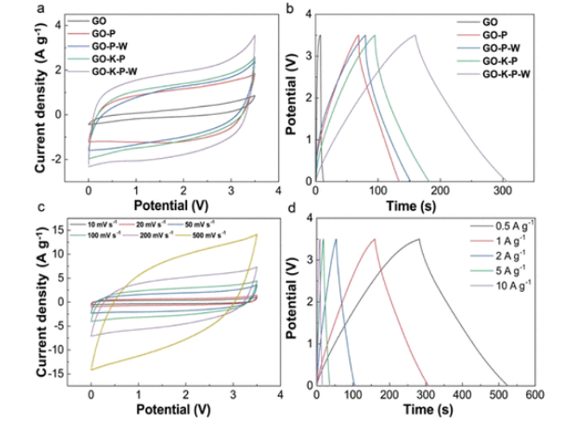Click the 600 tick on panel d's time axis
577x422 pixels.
(534, 394)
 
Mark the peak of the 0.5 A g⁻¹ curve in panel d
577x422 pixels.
(418, 239)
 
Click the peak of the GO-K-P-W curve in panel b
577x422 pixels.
(414, 35)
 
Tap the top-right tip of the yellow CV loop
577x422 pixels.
(256, 234)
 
